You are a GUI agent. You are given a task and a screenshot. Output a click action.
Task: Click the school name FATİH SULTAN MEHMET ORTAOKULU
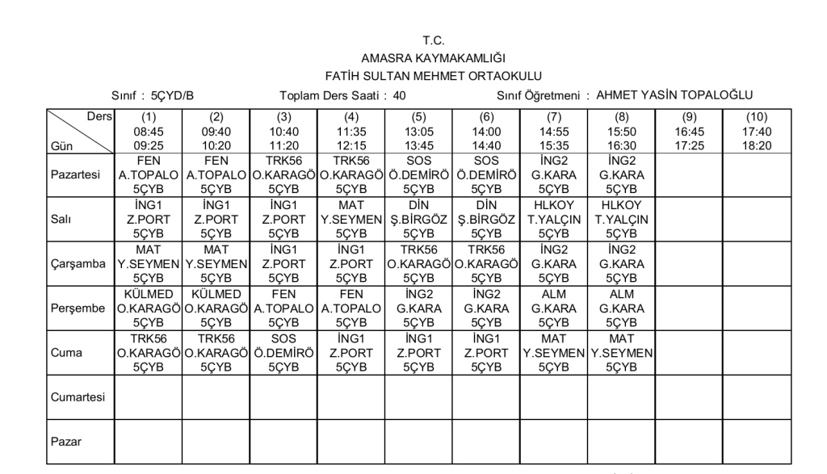433,76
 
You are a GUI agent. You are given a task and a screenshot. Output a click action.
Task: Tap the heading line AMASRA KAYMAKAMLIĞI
433,58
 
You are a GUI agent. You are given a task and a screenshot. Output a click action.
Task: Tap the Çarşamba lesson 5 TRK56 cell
418,263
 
